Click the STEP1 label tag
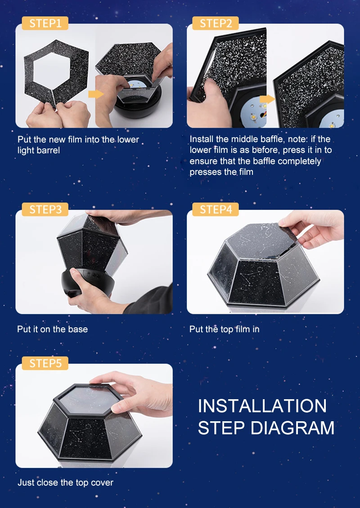click(x=45, y=23)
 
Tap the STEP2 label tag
click(x=216, y=23)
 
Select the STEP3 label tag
click(x=45, y=209)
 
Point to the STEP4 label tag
click(x=216, y=209)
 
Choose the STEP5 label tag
click(x=45, y=363)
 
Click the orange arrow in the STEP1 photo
click(x=96, y=94)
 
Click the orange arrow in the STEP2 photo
click(x=267, y=99)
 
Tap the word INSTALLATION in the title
click(x=262, y=406)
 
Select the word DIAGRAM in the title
click(x=292, y=428)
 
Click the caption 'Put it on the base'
click(x=53, y=329)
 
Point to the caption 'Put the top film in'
click(x=225, y=329)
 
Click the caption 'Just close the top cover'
click(x=66, y=482)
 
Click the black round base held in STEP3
click(x=88, y=282)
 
